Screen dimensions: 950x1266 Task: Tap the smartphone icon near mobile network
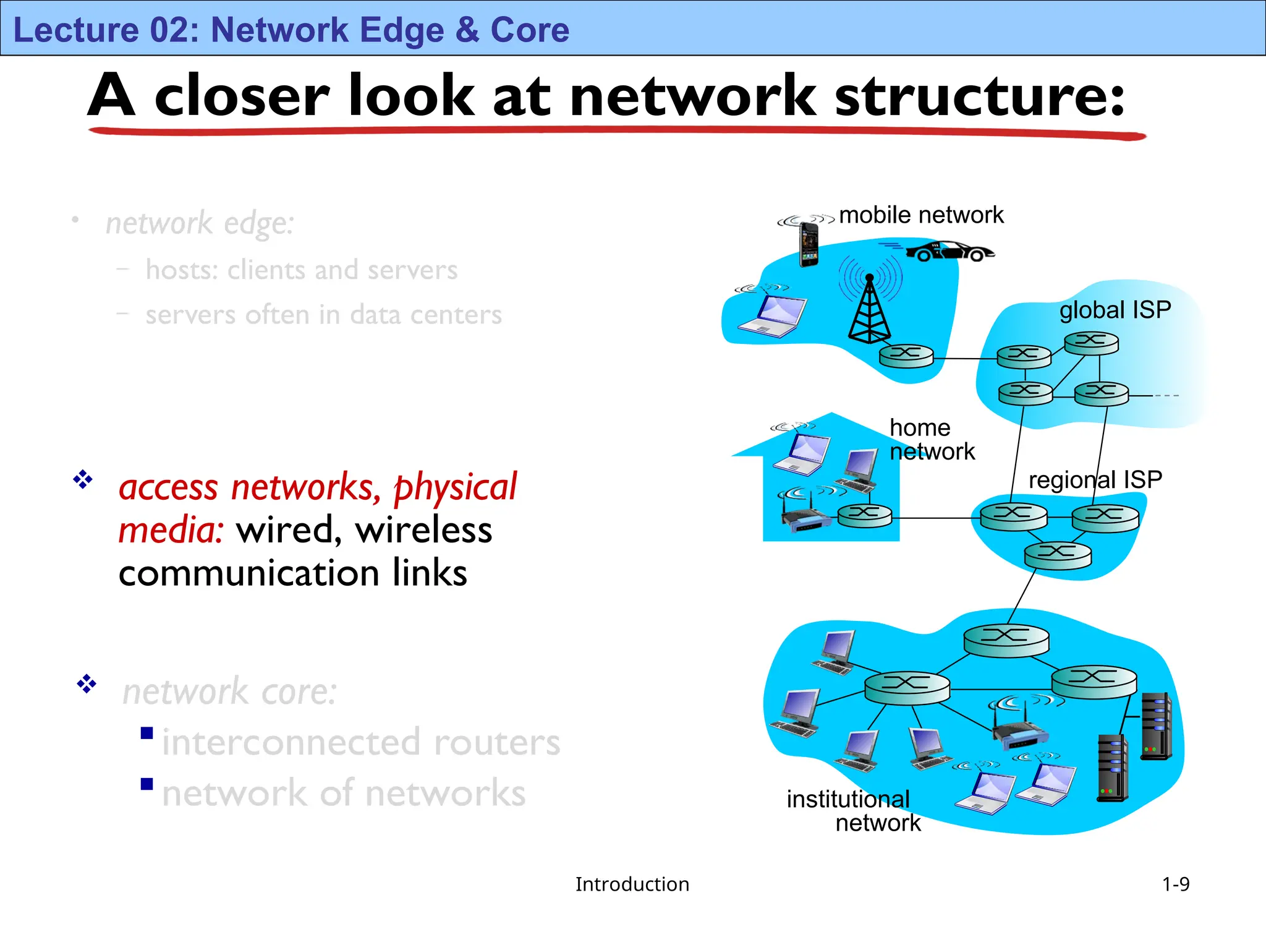808,244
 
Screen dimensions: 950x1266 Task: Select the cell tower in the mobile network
869,309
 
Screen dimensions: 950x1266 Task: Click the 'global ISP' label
1115,310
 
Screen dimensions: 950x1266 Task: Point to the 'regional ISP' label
1095,479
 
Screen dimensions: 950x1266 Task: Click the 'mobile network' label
921,215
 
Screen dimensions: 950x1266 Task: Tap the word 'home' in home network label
920,427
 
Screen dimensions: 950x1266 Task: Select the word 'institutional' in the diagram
848,799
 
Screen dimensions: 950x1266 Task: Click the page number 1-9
1175,884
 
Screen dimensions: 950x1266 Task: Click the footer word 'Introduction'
632,884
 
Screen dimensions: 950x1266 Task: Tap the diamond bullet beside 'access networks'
83,479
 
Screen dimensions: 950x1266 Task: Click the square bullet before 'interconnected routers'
147,733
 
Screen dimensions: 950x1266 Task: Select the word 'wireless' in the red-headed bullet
423,530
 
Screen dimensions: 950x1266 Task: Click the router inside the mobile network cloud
906,356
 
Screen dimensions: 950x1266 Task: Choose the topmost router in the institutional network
1006,640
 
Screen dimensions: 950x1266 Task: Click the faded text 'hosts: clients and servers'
302,270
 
